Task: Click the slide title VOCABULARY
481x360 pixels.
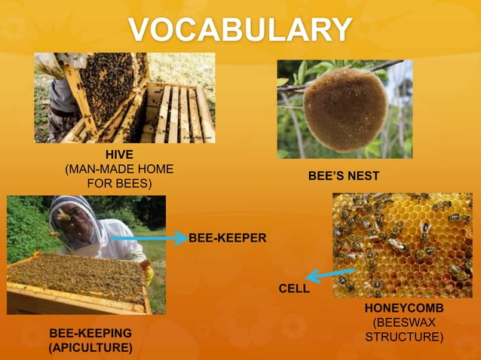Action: (240, 30)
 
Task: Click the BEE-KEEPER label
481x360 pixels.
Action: (228, 238)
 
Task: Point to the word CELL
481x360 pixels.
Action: (294, 288)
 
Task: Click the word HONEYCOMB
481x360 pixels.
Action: (404, 309)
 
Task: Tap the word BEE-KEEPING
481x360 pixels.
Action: (90, 333)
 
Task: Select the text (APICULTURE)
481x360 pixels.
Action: (90, 347)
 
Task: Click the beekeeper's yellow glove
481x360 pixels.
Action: (149, 272)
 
